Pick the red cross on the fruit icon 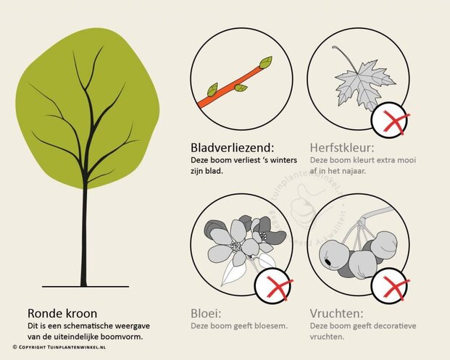[x=391, y=290]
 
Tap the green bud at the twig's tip [x=266, y=62]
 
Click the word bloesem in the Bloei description [x=272, y=326]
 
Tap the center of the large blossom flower [x=236, y=246]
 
